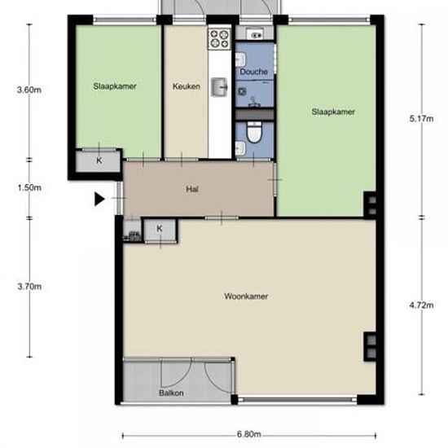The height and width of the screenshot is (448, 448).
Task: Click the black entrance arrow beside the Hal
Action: point(99,199)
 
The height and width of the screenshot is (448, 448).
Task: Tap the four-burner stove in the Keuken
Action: point(219,38)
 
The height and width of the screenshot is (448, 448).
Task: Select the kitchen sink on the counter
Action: point(219,87)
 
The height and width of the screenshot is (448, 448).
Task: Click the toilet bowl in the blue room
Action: point(254,133)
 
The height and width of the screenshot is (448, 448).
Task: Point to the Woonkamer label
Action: point(246,296)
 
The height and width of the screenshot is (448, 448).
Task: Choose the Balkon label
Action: point(171,393)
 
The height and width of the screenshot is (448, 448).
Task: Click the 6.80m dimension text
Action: point(249,434)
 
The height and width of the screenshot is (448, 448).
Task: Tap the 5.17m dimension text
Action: point(421,118)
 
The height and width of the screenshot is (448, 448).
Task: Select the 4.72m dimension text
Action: point(421,305)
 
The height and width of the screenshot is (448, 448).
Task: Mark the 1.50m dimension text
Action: point(29,187)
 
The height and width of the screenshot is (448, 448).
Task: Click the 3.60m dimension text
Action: point(29,90)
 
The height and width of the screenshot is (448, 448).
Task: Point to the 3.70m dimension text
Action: point(29,286)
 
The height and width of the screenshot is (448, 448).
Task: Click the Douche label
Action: point(253,72)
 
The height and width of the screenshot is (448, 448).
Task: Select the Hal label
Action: point(192,189)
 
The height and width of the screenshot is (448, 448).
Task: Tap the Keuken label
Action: point(187,86)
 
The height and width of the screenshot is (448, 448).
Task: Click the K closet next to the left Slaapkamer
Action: point(98,161)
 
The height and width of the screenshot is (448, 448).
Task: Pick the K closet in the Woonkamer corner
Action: point(160,230)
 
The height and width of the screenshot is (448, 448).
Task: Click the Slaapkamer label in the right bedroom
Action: point(333,112)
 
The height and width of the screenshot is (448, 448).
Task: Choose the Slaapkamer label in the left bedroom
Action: point(115,86)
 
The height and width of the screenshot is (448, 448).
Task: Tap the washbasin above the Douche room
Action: point(255,34)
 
